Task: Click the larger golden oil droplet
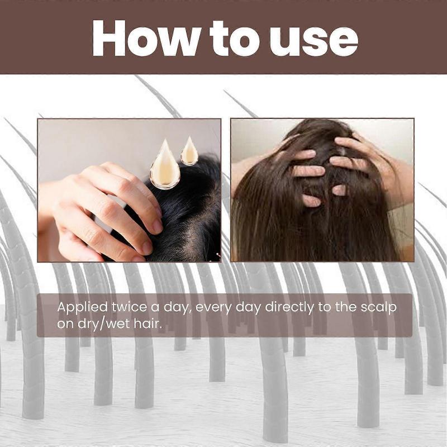pyautogui.click(x=165, y=165)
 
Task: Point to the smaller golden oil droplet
pyautogui.click(x=189, y=151)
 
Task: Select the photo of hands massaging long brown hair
pyautogui.click(x=322, y=190)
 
